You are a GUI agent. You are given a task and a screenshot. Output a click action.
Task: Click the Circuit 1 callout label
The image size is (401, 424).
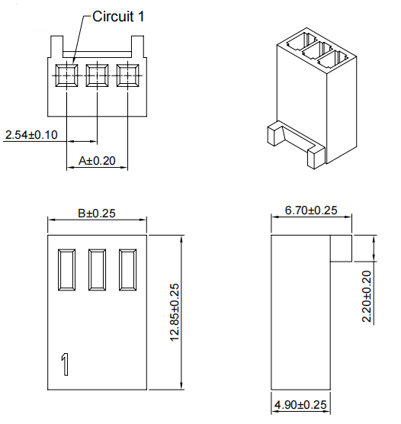point(118,17)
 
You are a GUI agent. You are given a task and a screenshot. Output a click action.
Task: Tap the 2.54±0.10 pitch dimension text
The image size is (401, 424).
point(31,135)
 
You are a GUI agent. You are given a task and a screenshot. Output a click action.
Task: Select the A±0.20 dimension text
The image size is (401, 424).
point(97,161)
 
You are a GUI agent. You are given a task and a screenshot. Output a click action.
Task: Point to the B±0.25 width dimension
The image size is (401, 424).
point(97,213)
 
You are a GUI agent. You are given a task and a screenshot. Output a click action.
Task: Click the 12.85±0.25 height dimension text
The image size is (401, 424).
point(175,313)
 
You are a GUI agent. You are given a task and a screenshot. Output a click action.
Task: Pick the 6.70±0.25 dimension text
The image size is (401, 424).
point(311,210)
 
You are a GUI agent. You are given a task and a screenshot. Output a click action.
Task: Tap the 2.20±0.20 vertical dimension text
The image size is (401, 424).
point(367,297)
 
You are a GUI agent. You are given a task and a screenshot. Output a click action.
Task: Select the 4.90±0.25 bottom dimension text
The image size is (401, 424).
point(300,405)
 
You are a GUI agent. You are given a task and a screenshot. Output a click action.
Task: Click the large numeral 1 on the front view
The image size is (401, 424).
point(65,365)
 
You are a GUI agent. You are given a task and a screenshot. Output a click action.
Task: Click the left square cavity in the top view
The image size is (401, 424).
point(66,75)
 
